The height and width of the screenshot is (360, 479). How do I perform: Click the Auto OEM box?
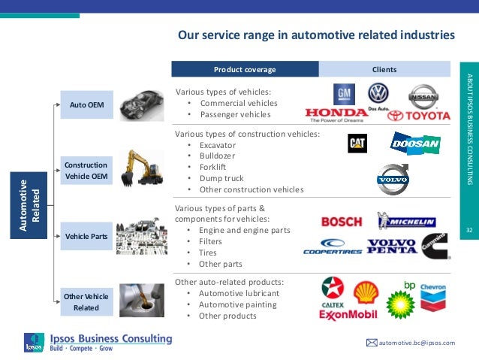coord(87,104)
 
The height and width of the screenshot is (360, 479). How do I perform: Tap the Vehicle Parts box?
coord(86,236)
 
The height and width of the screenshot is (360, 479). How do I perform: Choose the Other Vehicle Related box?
coord(86,302)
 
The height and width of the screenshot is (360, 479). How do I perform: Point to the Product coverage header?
coord(245,69)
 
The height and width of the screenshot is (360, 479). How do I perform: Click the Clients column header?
coord(384,69)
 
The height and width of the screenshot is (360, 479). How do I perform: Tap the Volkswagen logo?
coord(378,95)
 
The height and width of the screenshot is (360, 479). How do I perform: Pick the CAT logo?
coord(357,142)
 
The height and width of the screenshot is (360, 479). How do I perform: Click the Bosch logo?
coord(341,222)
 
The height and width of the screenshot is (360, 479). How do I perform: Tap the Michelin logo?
coord(406,221)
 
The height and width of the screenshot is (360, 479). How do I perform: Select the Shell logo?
coord(366,290)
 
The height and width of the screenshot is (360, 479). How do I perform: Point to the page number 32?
coord(468,229)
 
